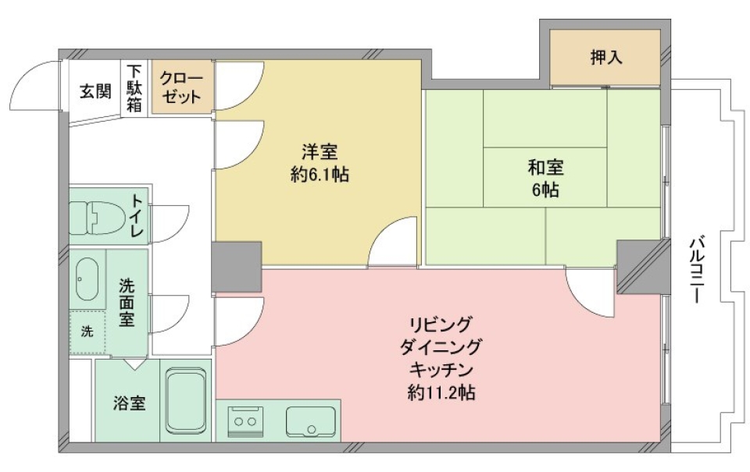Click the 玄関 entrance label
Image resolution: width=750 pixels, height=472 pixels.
pos(95,91)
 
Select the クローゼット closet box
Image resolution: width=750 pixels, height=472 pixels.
pos(181,87)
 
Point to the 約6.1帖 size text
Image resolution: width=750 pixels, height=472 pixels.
pos(320,175)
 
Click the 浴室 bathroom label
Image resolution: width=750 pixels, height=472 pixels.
pos(128,404)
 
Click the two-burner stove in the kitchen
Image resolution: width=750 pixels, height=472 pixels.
pos(245,421)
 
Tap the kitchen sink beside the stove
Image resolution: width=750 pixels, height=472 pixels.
pos(310,422)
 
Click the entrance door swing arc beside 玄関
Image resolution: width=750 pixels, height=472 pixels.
pos(36,87)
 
